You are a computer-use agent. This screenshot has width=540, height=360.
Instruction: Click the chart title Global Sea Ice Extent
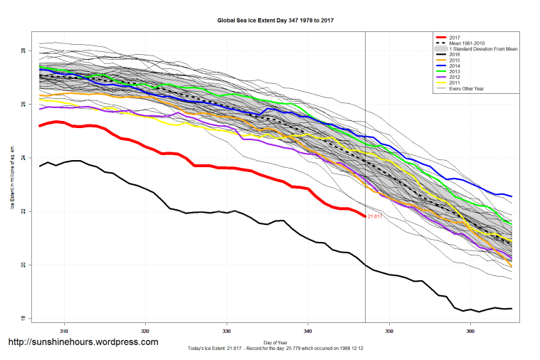click(x=275, y=21)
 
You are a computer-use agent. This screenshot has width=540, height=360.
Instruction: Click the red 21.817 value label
click(x=375, y=216)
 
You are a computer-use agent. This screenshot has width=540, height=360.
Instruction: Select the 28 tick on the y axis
click(x=23, y=51)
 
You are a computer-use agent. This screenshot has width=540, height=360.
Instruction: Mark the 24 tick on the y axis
click(x=23, y=158)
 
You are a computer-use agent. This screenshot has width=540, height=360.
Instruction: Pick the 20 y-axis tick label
click(x=23, y=265)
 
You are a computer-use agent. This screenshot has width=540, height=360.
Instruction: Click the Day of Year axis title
click(x=275, y=342)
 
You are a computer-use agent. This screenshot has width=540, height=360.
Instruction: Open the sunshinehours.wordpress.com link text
click(x=83, y=342)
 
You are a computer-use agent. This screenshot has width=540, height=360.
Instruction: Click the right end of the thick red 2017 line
click(x=364, y=216)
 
